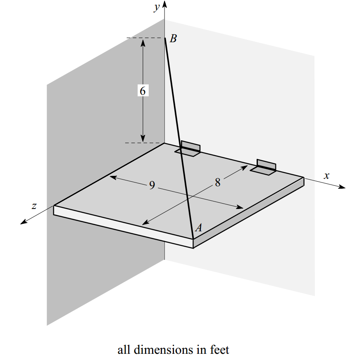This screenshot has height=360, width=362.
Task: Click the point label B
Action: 174,39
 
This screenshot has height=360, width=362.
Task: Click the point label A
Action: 198,228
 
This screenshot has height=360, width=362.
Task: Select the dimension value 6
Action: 143,91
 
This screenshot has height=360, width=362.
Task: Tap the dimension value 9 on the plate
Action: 152,186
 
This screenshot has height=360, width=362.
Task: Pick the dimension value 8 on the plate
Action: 218,182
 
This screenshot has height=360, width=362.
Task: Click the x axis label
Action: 326,175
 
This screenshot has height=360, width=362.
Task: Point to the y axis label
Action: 157,8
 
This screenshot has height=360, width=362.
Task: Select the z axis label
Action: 35,206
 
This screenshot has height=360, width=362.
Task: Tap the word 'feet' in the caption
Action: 219,350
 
